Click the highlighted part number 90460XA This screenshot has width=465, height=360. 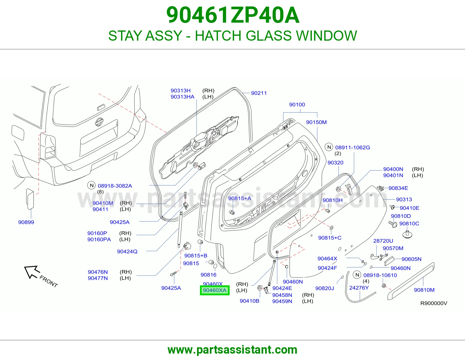point(215,290)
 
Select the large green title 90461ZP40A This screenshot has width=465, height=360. point(233,15)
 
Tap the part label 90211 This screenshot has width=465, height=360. point(259,93)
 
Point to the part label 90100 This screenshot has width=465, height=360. point(297,105)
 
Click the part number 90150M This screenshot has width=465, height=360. point(316,122)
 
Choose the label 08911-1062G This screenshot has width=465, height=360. point(353,147)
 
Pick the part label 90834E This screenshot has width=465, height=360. point(398,188)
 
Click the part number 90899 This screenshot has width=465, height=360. point(26,222)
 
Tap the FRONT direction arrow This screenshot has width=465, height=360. point(32,272)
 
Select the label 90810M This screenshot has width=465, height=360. point(424,290)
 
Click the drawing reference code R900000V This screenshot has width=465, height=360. point(434,303)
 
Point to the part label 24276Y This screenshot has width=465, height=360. point(359,288)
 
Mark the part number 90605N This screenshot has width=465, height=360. point(411,259)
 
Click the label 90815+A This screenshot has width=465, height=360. point(240,198)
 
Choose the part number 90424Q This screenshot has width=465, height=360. point(127,251)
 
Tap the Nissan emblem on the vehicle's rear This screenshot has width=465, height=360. point(99,122)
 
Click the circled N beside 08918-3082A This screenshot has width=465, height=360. point(92,185)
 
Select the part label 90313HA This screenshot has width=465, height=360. point(183,97)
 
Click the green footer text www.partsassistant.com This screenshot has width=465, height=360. point(233,350)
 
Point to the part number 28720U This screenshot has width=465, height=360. point(383,241)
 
